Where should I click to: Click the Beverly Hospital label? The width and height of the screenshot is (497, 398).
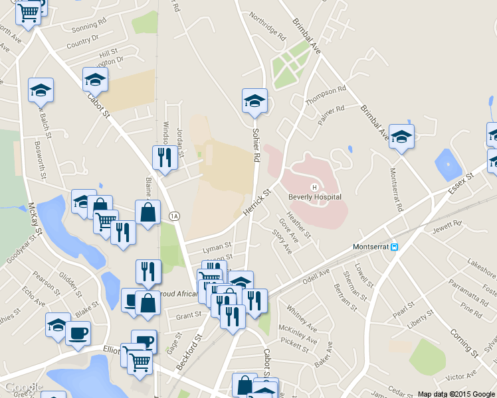point(314,197)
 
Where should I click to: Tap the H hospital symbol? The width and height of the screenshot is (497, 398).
point(314,187)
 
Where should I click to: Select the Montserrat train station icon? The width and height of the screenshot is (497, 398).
point(394,247)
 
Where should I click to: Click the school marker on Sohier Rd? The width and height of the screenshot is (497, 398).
point(254,101)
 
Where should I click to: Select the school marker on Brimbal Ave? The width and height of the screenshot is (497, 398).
point(401,137)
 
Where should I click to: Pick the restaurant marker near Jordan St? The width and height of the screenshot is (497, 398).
point(162,157)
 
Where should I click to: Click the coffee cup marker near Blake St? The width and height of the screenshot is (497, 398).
point(78,332)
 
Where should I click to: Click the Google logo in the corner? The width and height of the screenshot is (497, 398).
point(23,388)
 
